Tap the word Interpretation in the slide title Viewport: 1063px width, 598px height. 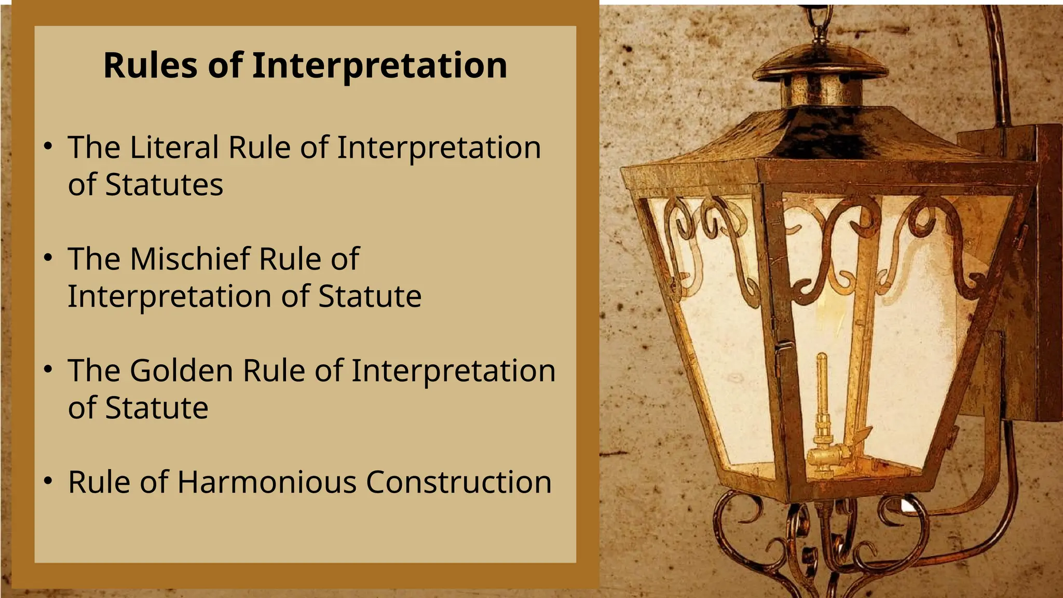point(379,66)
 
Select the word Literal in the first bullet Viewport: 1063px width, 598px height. point(174,147)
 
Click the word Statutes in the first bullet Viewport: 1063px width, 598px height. point(164,185)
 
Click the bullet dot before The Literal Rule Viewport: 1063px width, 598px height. point(48,146)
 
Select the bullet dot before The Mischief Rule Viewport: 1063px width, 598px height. point(48,258)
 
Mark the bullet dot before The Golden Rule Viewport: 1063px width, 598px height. point(48,370)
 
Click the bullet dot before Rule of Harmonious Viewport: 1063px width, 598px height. point(48,481)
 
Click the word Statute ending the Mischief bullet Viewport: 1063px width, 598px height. point(370,296)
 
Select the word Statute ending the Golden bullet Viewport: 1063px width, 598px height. point(157,408)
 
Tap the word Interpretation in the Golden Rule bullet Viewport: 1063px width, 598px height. point(453,371)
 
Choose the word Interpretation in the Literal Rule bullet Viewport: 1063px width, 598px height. point(439,147)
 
